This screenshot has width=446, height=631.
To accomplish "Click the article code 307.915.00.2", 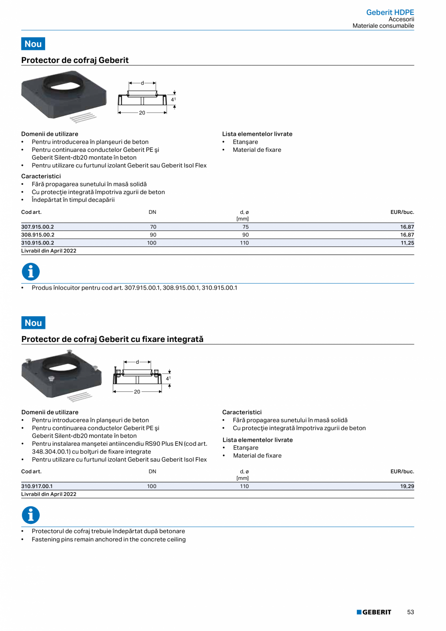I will coord(38,227).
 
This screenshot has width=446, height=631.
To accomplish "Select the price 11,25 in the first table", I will coord(407,243).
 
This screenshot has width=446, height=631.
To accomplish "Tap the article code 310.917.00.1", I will coord(37,486).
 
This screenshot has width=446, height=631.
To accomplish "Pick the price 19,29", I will coord(407,486).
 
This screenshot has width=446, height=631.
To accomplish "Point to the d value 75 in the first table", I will coord(245,227).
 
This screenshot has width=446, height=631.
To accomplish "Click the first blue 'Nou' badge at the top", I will coord(33,44).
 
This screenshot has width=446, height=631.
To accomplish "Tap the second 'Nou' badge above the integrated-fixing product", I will coord(33,323).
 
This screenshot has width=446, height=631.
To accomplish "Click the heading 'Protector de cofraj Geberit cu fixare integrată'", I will coord(112,340).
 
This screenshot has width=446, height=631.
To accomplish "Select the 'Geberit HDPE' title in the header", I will coord(390,12).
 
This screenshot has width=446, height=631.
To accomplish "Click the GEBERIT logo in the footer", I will coord(374,613).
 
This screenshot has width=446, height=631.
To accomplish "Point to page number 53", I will coord(410,613).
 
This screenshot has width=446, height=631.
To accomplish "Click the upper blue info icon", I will coord(31,272).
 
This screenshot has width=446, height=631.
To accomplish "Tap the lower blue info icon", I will coord(31,515).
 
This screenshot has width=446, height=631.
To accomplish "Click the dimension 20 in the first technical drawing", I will coord(142,113).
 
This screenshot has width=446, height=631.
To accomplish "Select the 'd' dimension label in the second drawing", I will coord(137,362).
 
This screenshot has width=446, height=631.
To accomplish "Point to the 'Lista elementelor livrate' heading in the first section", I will coord(257,134).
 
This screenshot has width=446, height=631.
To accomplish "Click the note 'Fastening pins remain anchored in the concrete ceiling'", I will coord(109,539).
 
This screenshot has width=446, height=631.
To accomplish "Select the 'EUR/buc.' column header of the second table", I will coord(402,471).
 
